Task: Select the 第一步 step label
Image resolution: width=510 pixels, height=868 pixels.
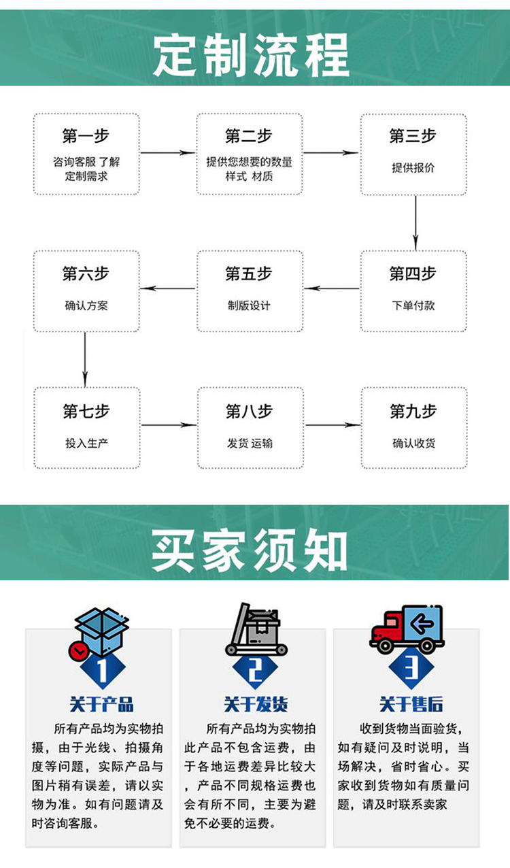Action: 86,136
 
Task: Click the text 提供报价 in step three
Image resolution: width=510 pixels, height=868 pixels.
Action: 413,168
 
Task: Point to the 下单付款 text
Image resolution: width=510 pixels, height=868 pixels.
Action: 413,305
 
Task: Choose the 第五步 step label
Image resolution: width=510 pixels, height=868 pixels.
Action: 249,273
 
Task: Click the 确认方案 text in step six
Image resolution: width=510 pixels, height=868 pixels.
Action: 86,305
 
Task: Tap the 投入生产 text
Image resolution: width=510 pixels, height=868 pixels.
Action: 86,444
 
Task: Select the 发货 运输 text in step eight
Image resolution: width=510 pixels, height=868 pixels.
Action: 250,444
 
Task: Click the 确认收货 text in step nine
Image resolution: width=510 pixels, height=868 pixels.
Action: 413,444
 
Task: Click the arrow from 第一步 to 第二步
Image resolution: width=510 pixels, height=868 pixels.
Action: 168,153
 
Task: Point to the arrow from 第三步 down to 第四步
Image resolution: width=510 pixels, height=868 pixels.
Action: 415,222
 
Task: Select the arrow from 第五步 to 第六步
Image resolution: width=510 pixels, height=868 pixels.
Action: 168,288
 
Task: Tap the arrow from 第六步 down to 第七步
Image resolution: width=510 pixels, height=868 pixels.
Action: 85,359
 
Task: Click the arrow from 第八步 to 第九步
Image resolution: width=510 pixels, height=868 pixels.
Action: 333,425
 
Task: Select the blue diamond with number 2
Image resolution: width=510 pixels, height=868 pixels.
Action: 256,671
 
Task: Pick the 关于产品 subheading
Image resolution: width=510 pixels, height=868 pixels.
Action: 101,704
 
